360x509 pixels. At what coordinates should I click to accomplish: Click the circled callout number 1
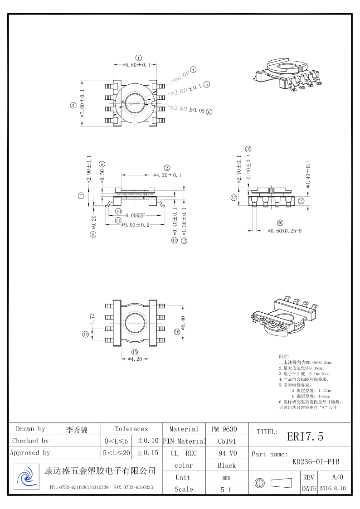(x=139, y=58)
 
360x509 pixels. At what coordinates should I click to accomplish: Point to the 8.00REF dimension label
(x=135, y=215)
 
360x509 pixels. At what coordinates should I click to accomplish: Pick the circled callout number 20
(x=280, y=223)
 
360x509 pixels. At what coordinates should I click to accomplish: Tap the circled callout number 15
(x=135, y=352)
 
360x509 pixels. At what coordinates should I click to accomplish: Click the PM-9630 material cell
(x=224, y=429)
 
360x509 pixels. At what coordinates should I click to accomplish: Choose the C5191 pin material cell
(x=226, y=441)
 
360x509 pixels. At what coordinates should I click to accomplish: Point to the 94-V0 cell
(x=226, y=453)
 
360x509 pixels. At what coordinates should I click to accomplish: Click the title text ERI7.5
(x=305, y=436)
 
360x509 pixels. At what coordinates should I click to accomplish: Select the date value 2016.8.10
(x=333, y=489)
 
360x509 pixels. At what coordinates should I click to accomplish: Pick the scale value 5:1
(x=226, y=490)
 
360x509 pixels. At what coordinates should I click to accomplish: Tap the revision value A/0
(x=338, y=477)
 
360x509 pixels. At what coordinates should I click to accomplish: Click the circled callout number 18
(x=248, y=149)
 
